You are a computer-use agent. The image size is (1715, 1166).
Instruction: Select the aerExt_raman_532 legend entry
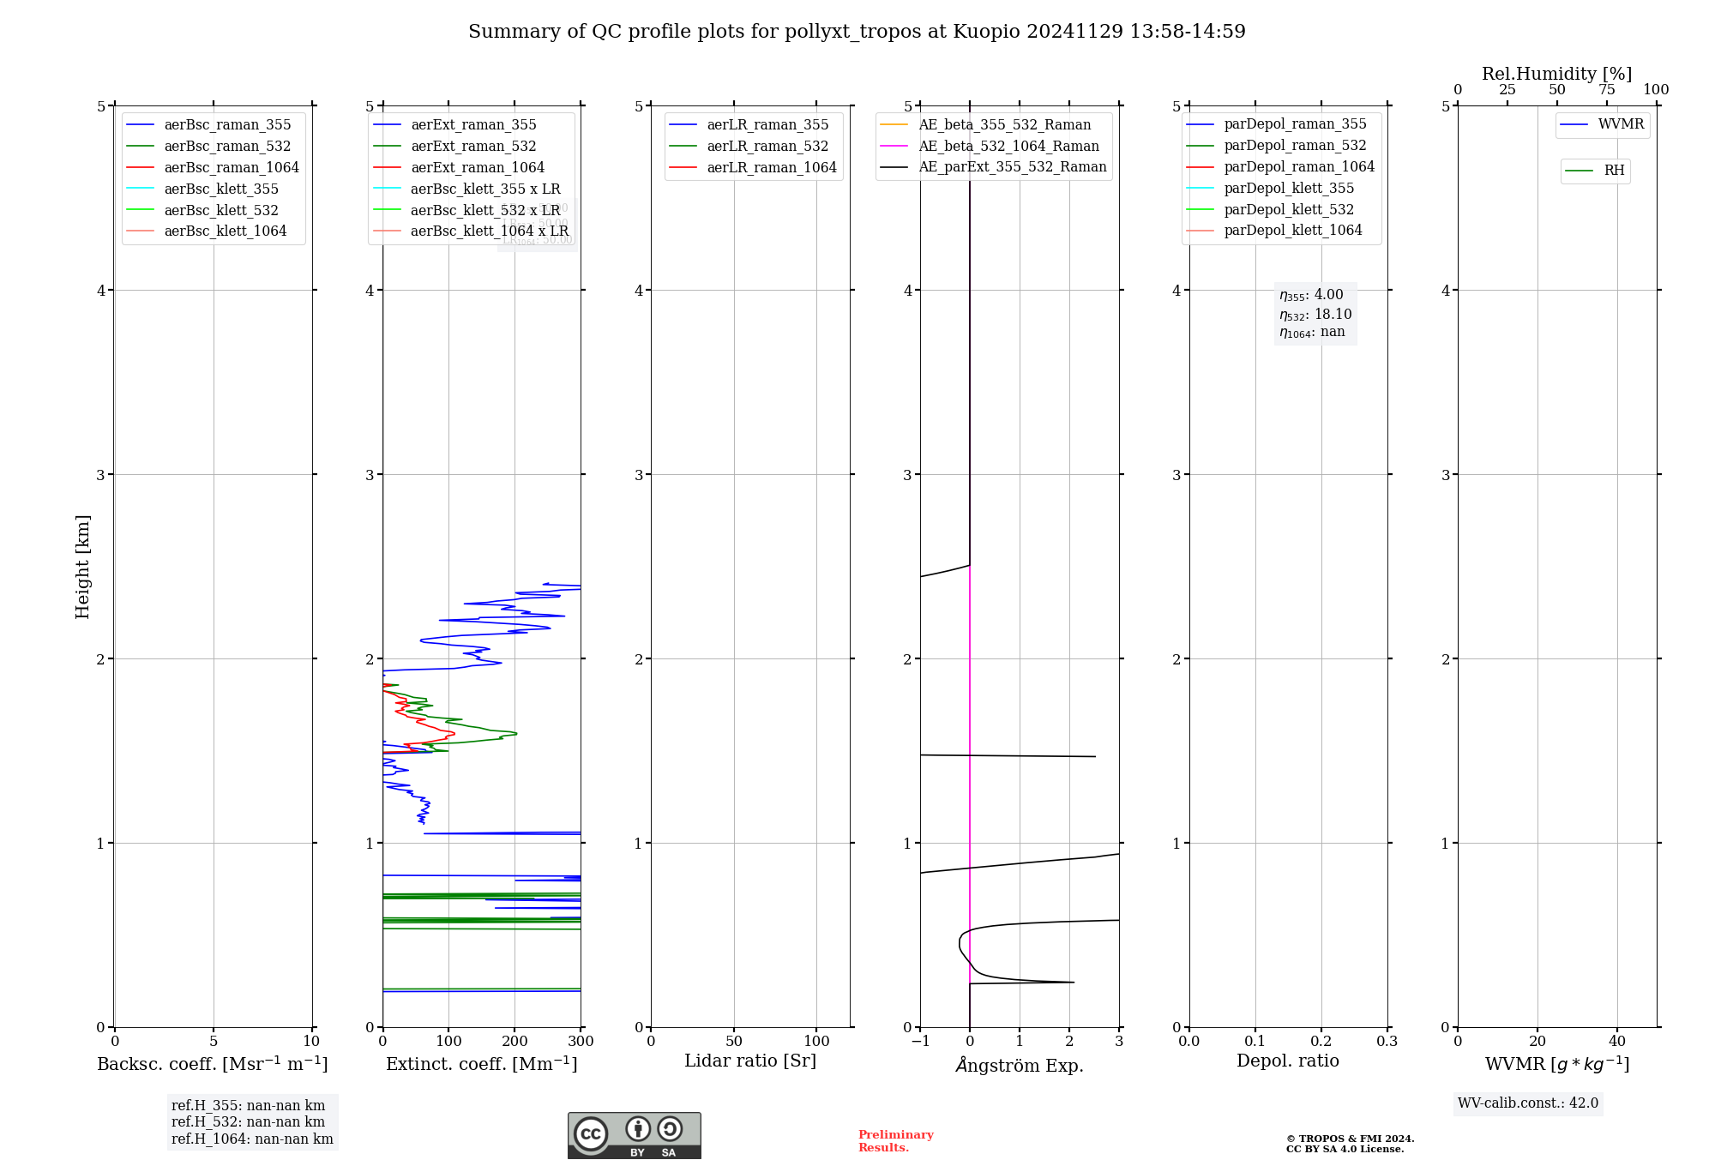tap(473, 146)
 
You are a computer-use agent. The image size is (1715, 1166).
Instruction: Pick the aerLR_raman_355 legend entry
tap(767, 124)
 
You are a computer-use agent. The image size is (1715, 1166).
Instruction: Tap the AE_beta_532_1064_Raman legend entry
tap(1008, 146)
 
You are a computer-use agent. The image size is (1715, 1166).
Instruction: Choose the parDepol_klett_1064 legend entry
tap(1292, 230)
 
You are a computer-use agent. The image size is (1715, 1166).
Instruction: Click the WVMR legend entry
tap(1621, 124)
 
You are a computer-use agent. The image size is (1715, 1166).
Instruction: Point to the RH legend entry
tap(1614, 171)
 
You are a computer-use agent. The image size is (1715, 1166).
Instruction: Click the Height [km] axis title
tap(82, 566)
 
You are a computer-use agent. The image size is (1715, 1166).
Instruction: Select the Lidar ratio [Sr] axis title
tap(750, 1061)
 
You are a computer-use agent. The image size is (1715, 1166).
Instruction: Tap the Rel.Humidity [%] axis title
tap(1556, 74)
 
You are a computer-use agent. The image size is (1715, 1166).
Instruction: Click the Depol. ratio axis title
tap(1287, 1061)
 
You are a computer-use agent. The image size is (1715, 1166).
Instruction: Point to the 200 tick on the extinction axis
tap(514, 1041)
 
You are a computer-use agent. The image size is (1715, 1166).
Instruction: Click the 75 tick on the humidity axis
tap(1606, 90)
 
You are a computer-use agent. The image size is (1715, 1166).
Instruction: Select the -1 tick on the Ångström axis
tap(920, 1041)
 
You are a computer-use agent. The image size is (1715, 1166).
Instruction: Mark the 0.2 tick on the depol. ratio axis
tap(1321, 1041)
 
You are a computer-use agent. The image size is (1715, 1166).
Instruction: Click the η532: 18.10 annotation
tap(1315, 315)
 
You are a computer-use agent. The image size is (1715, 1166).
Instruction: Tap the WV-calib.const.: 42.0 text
tap(1528, 1103)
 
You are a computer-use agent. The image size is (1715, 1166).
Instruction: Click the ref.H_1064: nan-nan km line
tap(252, 1139)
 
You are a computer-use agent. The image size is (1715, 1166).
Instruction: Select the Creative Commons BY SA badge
tap(634, 1135)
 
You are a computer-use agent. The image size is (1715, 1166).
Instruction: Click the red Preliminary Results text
tap(895, 1141)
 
